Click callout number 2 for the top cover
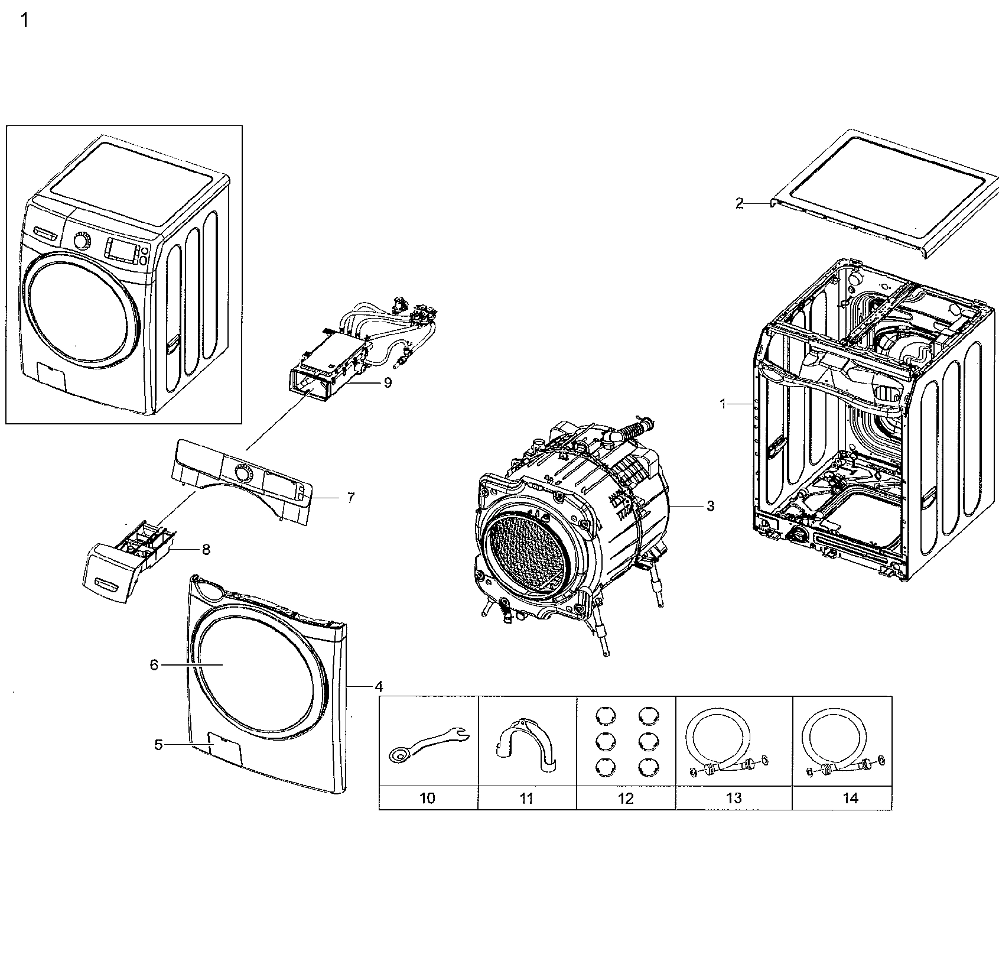point(740,203)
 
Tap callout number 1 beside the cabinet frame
point(723,404)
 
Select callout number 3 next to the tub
point(710,506)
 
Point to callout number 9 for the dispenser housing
point(388,382)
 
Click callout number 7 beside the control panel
point(350,498)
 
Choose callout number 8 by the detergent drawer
point(206,550)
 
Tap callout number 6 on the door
point(154,665)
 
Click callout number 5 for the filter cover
point(158,745)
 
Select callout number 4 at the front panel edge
point(379,686)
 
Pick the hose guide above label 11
point(526,746)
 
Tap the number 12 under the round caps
point(625,799)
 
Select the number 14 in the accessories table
point(850,799)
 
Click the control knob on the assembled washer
point(82,241)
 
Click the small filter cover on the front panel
point(224,747)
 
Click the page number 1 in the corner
point(24,21)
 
